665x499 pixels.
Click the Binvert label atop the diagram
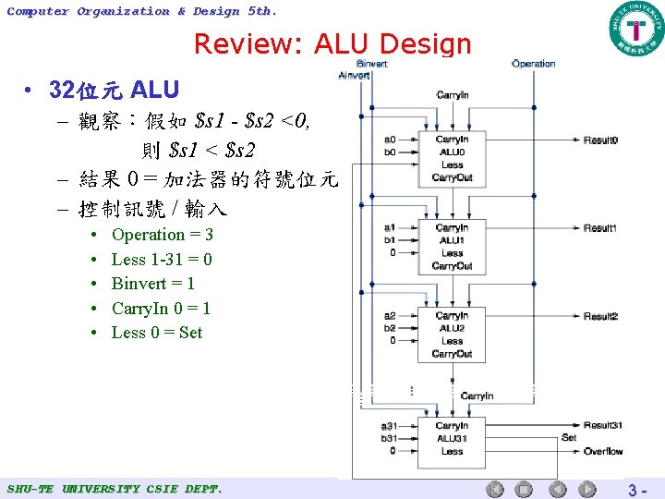pos(371,64)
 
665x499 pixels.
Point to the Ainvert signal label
pos(354,75)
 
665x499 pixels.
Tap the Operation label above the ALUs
pos(533,64)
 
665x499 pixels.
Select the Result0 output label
pos(600,140)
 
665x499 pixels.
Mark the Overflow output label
pos(603,451)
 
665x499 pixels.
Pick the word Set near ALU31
pos(569,437)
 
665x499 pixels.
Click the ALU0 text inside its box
pos(452,152)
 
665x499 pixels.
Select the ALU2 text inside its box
pos(452,328)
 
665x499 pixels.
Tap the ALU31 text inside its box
pos(452,438)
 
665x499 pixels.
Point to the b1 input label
pos(390,239)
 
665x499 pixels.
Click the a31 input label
pos(389,426)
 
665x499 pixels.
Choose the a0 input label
pos(390,140)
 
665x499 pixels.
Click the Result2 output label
pos(600,316)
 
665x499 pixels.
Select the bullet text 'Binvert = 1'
pos(152,284)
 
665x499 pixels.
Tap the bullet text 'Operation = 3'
pos(162,235)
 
